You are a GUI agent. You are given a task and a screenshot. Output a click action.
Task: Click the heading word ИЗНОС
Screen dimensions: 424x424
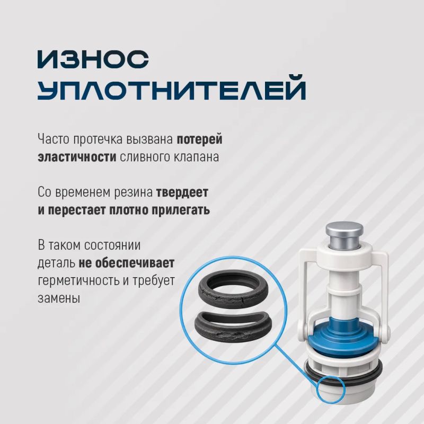pyautogui.click(x=93, y=59)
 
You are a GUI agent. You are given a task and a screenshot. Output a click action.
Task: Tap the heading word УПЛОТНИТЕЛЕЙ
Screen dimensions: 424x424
pyautogui.click(x=172, y=88)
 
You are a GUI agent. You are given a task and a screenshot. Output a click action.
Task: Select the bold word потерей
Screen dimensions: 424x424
pyautogui.click(x=200, y=139)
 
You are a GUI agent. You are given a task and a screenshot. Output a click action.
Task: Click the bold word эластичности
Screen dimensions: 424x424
pyautogui.click(x=77, y=157)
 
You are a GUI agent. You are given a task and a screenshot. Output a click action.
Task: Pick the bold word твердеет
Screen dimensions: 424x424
pyautogui.click(x=182, y=192)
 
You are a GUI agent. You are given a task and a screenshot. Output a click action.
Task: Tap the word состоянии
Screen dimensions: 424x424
pyautogui.click(x=112, y=245)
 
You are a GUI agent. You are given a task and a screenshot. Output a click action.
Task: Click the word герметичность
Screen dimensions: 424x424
pyautogui.click(x=78, y=281)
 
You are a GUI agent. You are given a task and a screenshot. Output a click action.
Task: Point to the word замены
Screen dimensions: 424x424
pyautogui.click(x=59, y=298)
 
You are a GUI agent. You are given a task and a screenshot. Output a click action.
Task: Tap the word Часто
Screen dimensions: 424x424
pyautogui.click(x=54, y=139)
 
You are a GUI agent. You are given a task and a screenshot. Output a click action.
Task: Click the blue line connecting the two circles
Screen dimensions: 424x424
pyautogui.click(x=297, y=363)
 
